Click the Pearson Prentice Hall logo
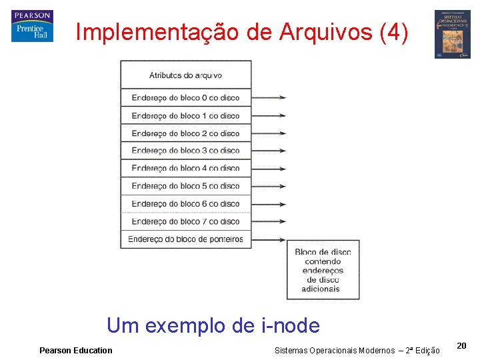[x=31, y=26]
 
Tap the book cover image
[x=453, y=34]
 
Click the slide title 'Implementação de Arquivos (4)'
[x=242, y=32]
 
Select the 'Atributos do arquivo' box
[x=185, y=75]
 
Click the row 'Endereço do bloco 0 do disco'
[x=185, y=97]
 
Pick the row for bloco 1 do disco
[x=185, y=115]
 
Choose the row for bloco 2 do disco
[x=185, y=133]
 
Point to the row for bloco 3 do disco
[x=185, y=151]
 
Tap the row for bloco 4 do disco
[x=185, y=168]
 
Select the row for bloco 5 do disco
[x=185, y=186]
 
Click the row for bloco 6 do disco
[x=185, y=203]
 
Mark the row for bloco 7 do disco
[x=185, y=221]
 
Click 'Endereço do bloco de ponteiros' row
[x=185, y=239]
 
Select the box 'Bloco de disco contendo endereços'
[x=323, y=270]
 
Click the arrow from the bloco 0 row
[x=269, y=97]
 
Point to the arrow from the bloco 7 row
[x=269, y=221]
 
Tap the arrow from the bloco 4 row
[x=269, y=168]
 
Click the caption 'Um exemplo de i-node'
[x=213, y=326]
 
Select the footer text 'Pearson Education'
[x=76, y=351]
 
